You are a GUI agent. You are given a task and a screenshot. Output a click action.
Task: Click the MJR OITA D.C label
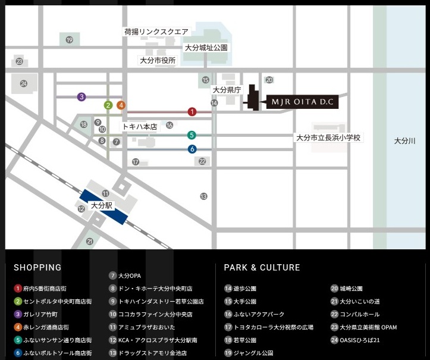pos(304,102)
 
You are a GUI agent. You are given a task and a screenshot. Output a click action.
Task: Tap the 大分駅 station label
pos(102,205)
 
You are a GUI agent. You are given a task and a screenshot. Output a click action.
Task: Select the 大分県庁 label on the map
pos(226,90)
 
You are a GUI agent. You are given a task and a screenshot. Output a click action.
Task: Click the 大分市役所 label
pos(158,60)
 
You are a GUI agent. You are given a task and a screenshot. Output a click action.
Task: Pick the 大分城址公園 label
pos(206,47)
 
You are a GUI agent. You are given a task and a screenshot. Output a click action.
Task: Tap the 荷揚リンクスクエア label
pos(156,32)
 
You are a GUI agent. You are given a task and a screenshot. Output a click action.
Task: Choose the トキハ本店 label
pos(140,126)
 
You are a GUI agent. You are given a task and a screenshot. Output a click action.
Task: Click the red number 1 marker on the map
pos(192,111)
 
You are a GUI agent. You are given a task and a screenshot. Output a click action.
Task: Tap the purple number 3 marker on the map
pos(81,96)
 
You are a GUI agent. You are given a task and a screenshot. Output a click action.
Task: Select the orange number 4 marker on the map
pos(121,105)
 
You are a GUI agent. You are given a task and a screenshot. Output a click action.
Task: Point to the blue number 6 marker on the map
pos(192,149)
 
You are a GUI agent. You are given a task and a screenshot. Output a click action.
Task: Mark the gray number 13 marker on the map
pos(204,196)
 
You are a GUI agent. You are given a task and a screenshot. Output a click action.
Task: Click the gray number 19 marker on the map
pos(70,40)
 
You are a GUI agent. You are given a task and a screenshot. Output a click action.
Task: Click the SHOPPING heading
pos(37,268)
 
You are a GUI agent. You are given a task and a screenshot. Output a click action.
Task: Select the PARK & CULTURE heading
pos(262,268)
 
